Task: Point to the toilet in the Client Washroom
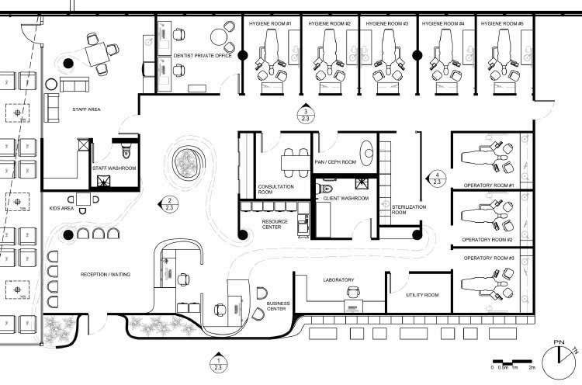[326, 189]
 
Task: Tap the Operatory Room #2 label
[490, 240]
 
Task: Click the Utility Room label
[423, 295]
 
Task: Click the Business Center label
[277, 306]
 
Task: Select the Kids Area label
[60, 209]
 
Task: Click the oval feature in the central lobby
[188, 163]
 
